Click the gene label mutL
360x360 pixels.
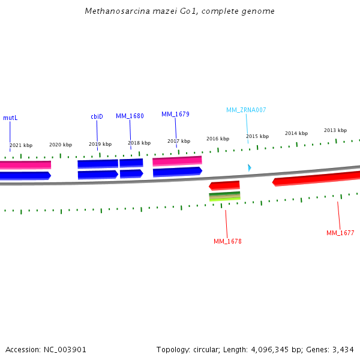pyautogui.click(x=10, y=118)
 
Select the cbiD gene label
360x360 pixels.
pyautogui.click(x=97, y=116)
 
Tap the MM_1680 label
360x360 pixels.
pyautogui.click(x=130, y=116)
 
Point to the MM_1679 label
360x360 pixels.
pyautogui.click(x=175, y=114)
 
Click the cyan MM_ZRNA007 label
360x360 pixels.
pyautogui.click(x=246, y=110)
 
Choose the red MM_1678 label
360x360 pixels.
pyautogui.click(x=227, y=241)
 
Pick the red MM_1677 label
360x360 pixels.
pyautogui.click(x=340, y=233)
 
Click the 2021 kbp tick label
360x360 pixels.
pyautogui.click(x=21, y=145)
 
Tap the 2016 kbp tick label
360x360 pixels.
pyautogui.click(x=218, y=139)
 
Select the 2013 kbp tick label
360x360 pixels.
pyautogui.click(x=335, y=130)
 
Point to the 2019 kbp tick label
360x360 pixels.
pyautogui.click(x=100, y=144)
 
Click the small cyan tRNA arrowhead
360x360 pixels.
pyautogui.click(x=250, y=168)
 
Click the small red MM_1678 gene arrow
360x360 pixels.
pyautogui.click(x=224, y=185)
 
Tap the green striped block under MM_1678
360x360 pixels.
pyautogui.click(x=224, y=196)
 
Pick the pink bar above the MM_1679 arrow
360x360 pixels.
pyautogui.click(x=177, y=161)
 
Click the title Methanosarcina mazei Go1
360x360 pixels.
pyautogui.click(x=179, y=11)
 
